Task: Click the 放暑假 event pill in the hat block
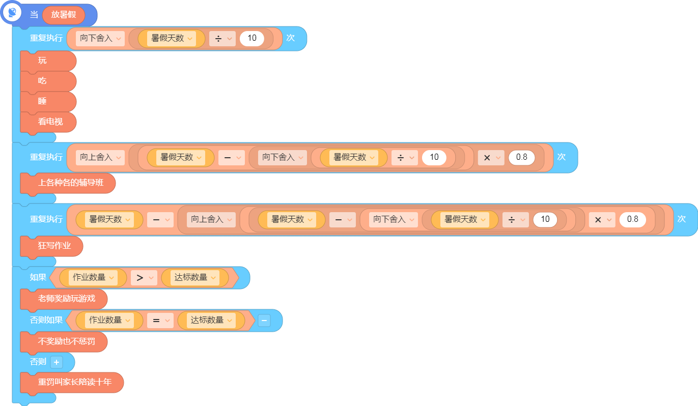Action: pyautogui.click(x=64, y=15)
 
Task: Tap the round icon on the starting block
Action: pyautogui.click(x=12, y=13)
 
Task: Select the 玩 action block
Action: pyautogui.click(x=48, y=61)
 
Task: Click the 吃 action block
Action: pyautogui.click(x=48, y=81)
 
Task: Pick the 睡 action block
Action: pyautogui.click(x=48, y=102)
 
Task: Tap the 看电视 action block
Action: pyautogui.click(x=48, y=122)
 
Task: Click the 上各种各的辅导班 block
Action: pyautogui.click(x=68, y=183)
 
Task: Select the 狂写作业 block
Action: pyautogui.click(x=51, y=246)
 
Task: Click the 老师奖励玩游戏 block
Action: pyautogui.click(x=64, y=299)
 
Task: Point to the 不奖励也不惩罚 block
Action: pyautogui.click(x=64, y=342)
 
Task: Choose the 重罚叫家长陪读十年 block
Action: pyautogui.click(x=72, y=382)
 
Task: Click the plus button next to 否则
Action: pyautogui.click(x=57, y=362)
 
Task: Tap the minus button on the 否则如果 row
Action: pyautogui.click(x=264, y=321)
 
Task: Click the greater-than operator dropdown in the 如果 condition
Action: pyautogui.click(x=144, y=277)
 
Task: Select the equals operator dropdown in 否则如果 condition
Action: pyautogui.click(x=160, y=321)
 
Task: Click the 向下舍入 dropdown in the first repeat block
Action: pyautogui.click(x=100, y=38)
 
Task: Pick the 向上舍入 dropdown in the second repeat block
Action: pyautogui.click(x=100, y=157)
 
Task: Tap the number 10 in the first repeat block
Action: pyautogui.click(x=252, y=38)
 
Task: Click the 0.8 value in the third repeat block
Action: pyautogui.click(x=632, y=219)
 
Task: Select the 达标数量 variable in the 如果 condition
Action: pyautogui.click(x=195, y=277)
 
